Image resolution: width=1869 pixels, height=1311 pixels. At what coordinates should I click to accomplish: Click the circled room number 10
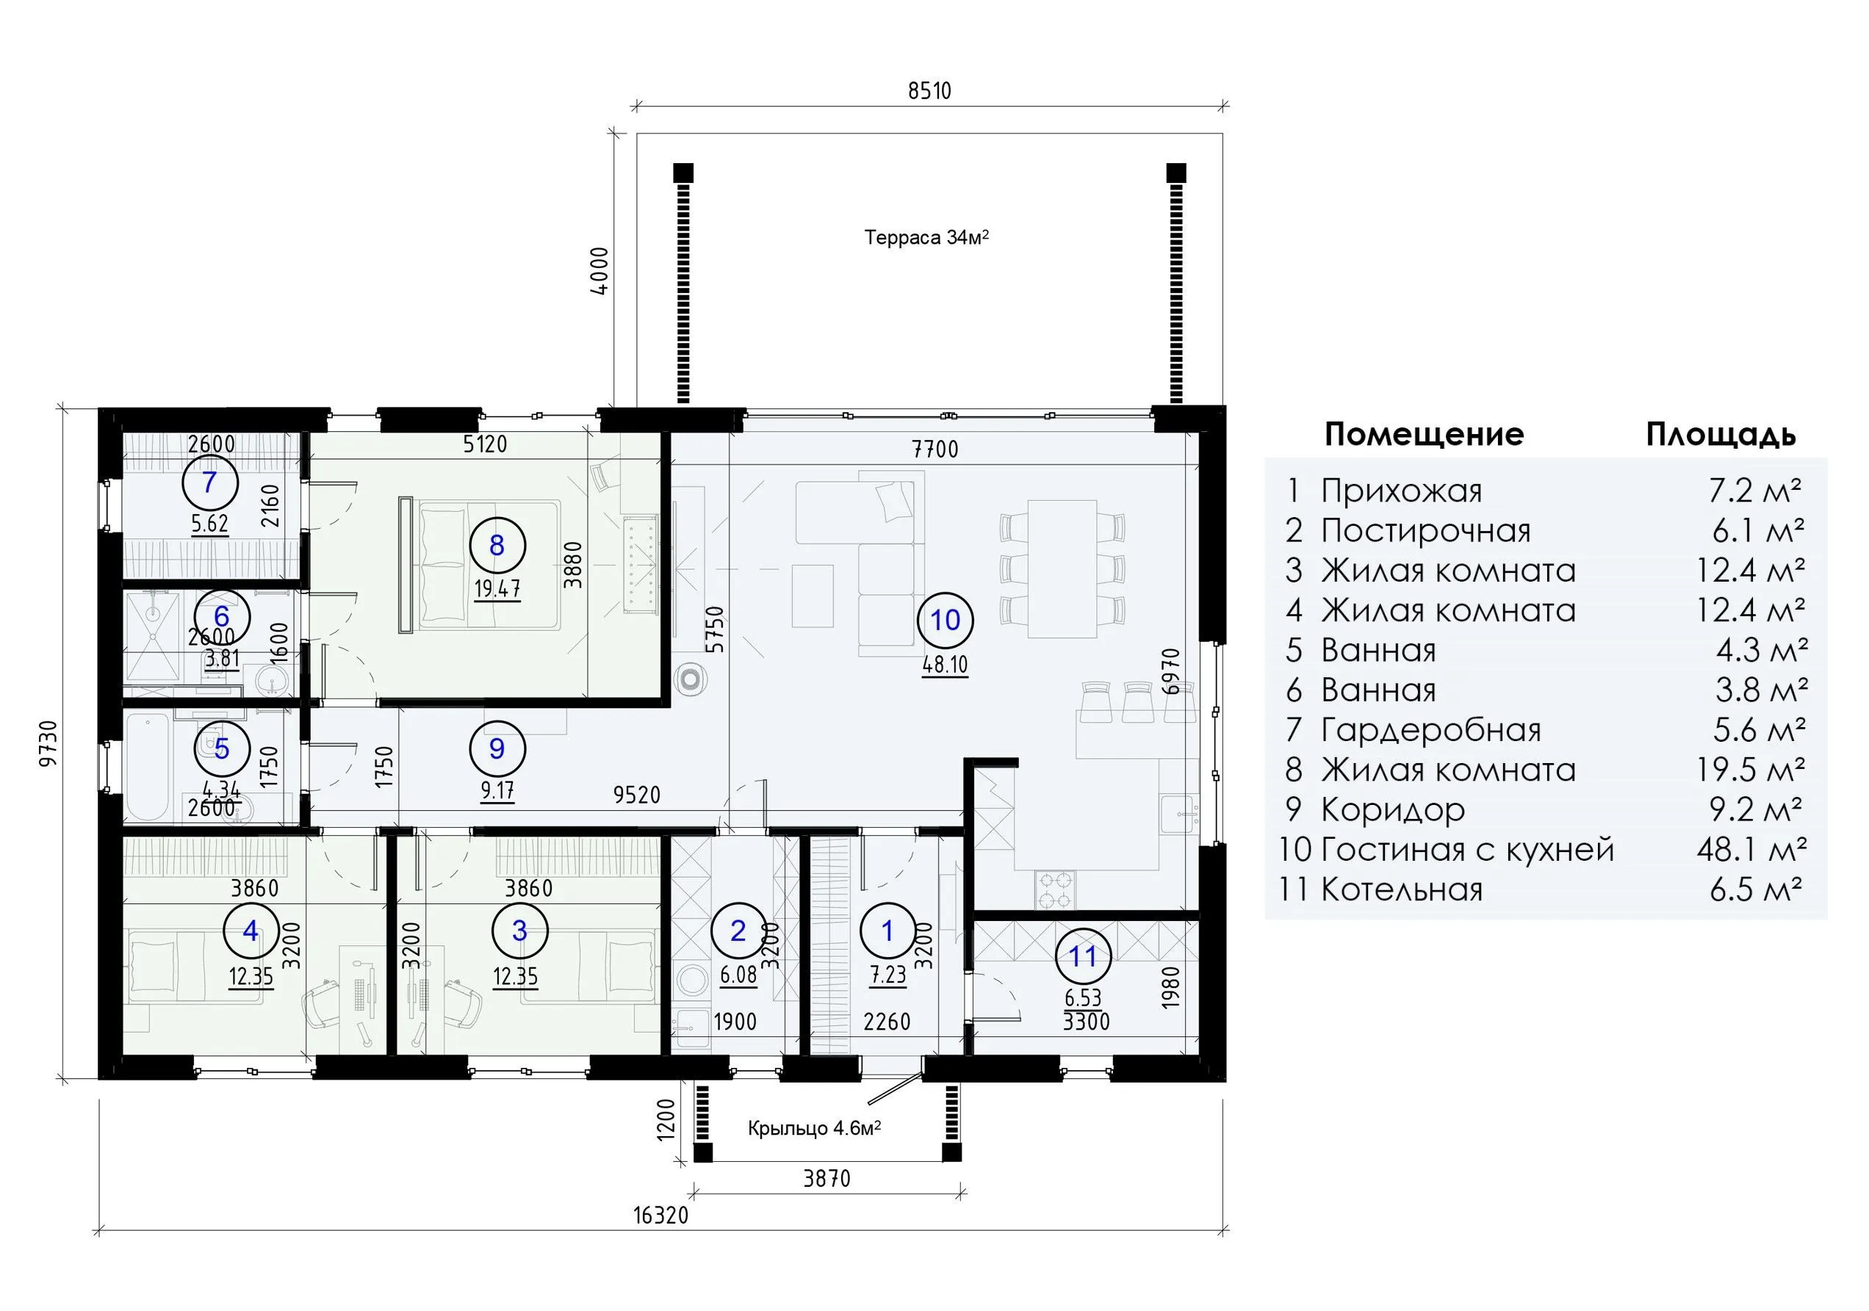pos(945,621)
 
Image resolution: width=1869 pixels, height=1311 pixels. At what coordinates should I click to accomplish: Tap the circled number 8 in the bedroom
pos(497,545)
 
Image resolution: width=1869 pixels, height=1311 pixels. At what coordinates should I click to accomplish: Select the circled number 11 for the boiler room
pos(1083,957)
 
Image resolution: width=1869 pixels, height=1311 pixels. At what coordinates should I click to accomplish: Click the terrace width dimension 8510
pos(929,90)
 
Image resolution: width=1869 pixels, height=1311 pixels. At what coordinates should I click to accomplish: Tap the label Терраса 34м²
pos(926,238)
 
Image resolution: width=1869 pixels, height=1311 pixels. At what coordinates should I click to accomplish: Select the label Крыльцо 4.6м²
pos(815,1129)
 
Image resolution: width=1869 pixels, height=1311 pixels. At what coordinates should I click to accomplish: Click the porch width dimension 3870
pos(827,1178)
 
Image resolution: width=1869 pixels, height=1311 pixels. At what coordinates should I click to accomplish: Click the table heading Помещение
pos(1424,435)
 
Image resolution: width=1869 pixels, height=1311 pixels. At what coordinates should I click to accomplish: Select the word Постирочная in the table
pos(1425,530)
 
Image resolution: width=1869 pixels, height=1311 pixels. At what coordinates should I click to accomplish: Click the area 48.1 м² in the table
pos(1751,850)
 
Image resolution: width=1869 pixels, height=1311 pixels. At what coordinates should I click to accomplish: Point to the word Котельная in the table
pos(1402,889)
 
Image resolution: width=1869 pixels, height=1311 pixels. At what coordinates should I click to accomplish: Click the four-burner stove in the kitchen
pos(1055,889)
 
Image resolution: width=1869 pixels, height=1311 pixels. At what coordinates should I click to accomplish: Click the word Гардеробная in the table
pos(1431,730)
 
